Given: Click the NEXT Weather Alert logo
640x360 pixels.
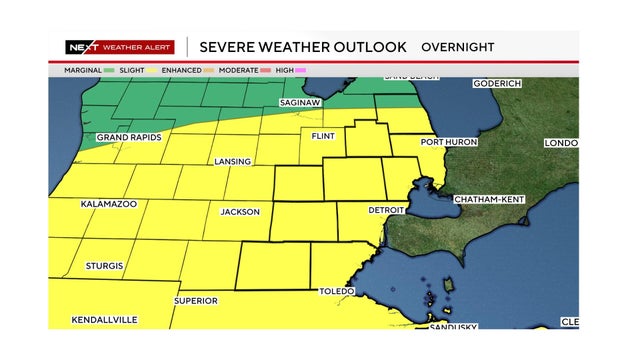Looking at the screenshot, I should [121, 47].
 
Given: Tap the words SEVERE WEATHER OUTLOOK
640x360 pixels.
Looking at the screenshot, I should [303, 47].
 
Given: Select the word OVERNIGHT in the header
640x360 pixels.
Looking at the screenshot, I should [457, 47].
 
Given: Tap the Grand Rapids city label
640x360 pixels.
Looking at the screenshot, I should [129, 137].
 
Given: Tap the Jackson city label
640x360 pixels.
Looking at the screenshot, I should [240, 212].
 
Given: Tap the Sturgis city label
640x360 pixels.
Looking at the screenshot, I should [104, 266].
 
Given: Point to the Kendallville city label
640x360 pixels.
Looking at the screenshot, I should [104, 320].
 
